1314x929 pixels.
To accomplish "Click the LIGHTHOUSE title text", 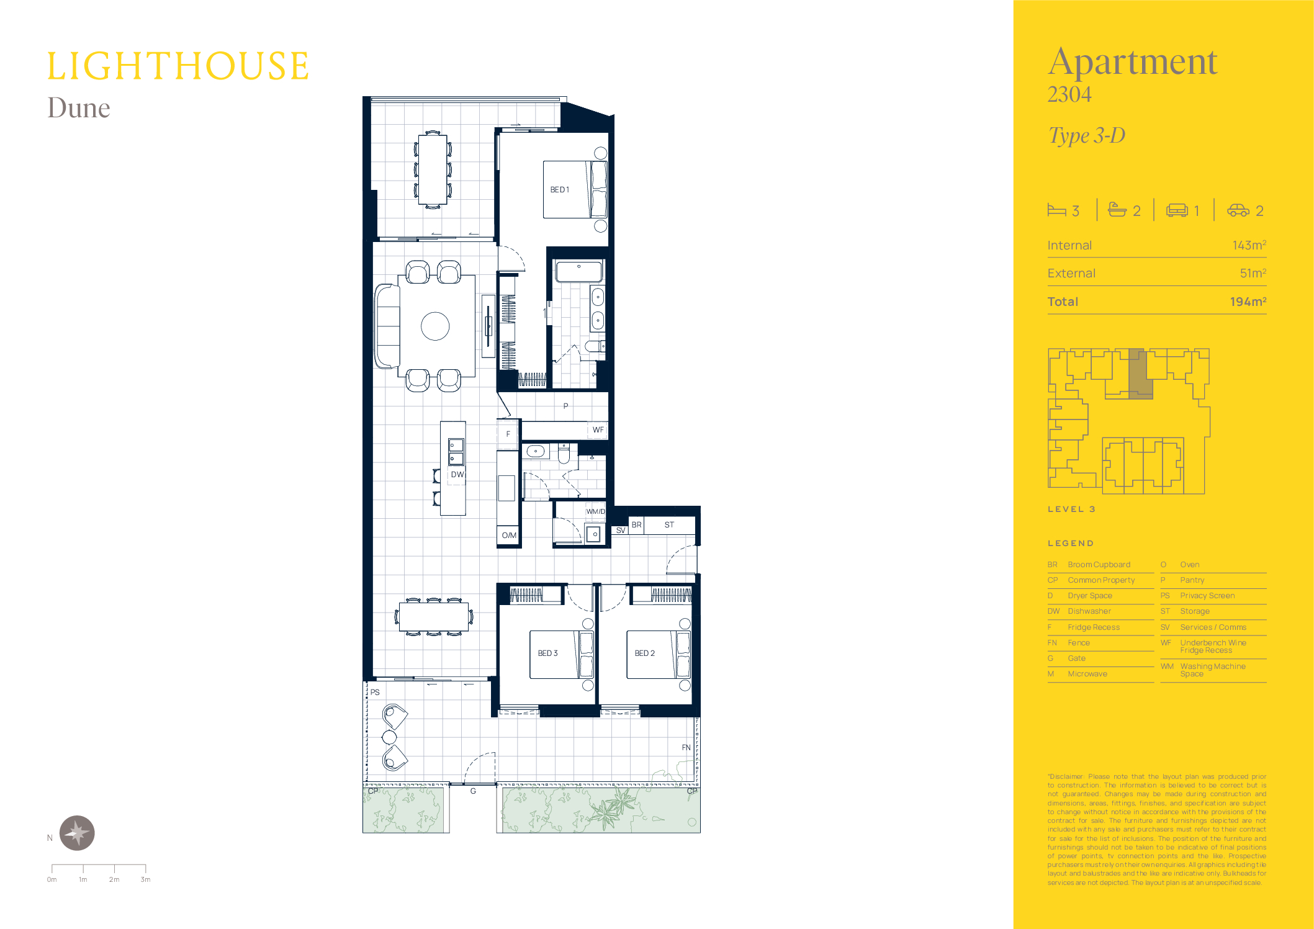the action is pos(178,66).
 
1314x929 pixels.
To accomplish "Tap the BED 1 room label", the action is pos(559,190).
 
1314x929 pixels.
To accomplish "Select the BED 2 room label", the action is pos(644,653).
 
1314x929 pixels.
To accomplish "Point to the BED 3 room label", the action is pos(547,653).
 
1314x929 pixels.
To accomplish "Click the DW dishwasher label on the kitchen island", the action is pos(457,475).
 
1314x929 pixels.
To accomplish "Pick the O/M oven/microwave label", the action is pos(509,535).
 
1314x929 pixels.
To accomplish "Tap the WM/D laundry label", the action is pos(595,511).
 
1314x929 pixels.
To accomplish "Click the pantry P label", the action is pos(565,406).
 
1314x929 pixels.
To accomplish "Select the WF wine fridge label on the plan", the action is pos(598,429).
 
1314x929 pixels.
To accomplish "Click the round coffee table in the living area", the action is pos(435,326).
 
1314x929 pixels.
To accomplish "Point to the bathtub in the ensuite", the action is pos(579,272).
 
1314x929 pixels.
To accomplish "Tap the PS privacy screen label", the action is pos(375,692).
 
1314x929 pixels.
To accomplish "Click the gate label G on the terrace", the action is pos(473,791).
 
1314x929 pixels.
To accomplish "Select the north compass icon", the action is pos(77,833).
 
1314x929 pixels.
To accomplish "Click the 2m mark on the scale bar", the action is pos(114,879).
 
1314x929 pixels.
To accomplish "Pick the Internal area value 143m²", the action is pos(1249,245).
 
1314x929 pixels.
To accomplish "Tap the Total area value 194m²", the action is pos(1248,302).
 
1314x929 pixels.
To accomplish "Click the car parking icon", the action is pos(1238,210).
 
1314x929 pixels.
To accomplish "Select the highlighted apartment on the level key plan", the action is pos(1140,374).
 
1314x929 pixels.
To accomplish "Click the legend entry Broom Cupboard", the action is pos(1099,565).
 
